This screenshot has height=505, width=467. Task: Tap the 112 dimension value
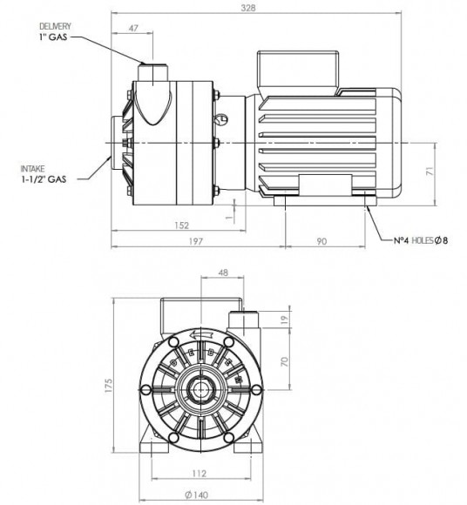coord(200,475)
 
